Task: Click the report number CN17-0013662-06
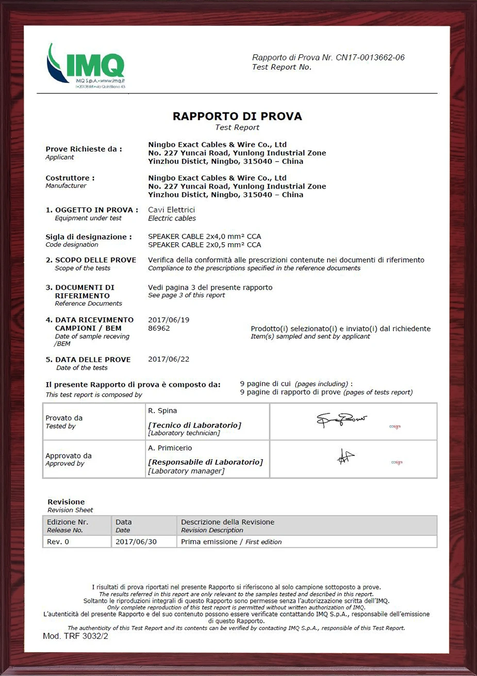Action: pos(370,57)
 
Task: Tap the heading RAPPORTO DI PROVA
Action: pos(237,116)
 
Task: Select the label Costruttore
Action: pos(70,178)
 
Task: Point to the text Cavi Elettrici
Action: pos(171,210)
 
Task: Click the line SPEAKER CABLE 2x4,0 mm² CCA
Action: pos(204,237)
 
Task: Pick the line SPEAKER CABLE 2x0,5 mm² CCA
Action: pos(204,245)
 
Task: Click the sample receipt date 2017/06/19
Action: pos(169,320)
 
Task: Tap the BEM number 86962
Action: pos(159,328)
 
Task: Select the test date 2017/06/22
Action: pos(169,359)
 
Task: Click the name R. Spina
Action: pos(162,411)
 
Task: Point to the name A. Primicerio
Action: pos(170,448)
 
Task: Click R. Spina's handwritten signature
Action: pos(341,420)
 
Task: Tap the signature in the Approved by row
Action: pos(346,457)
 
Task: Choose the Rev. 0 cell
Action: pos(58,542)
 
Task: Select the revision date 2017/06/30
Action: pos(136,542)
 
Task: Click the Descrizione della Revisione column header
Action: pos(227,522)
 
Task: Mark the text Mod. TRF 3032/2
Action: pos(75,636)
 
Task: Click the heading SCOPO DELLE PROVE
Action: pos(95,260)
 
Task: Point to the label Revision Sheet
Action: pos(70,510)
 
